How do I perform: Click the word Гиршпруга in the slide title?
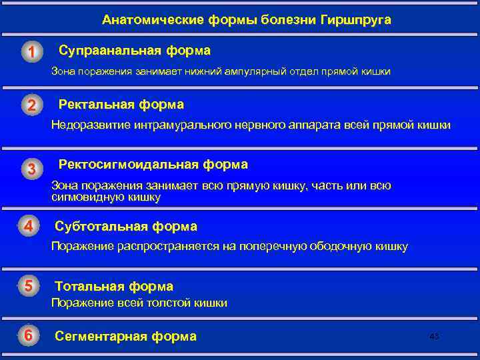coord(357,20)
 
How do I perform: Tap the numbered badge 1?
coord(31,52)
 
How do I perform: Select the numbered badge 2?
coord(31,106)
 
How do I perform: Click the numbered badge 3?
coord(31,169)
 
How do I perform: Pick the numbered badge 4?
coord(29,227)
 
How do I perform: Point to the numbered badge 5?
coord(29,286)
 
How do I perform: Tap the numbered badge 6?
coord(29,335)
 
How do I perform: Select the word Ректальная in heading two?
coord(97,105)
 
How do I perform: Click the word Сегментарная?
coord(101,336)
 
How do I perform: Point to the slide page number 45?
coord(434,337)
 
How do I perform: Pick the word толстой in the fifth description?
coord(169,303)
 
